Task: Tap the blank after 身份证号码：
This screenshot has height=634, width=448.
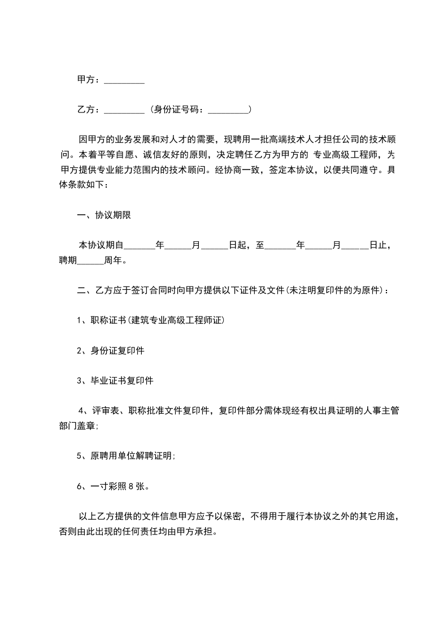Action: tap(228, 110)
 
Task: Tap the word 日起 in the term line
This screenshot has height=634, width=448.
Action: tap(237, 245)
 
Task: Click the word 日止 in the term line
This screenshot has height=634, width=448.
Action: tap(377, 245)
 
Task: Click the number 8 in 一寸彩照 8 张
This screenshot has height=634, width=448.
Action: tap(131, 485)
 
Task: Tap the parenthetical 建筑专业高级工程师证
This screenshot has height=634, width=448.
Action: tap(177, 320)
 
